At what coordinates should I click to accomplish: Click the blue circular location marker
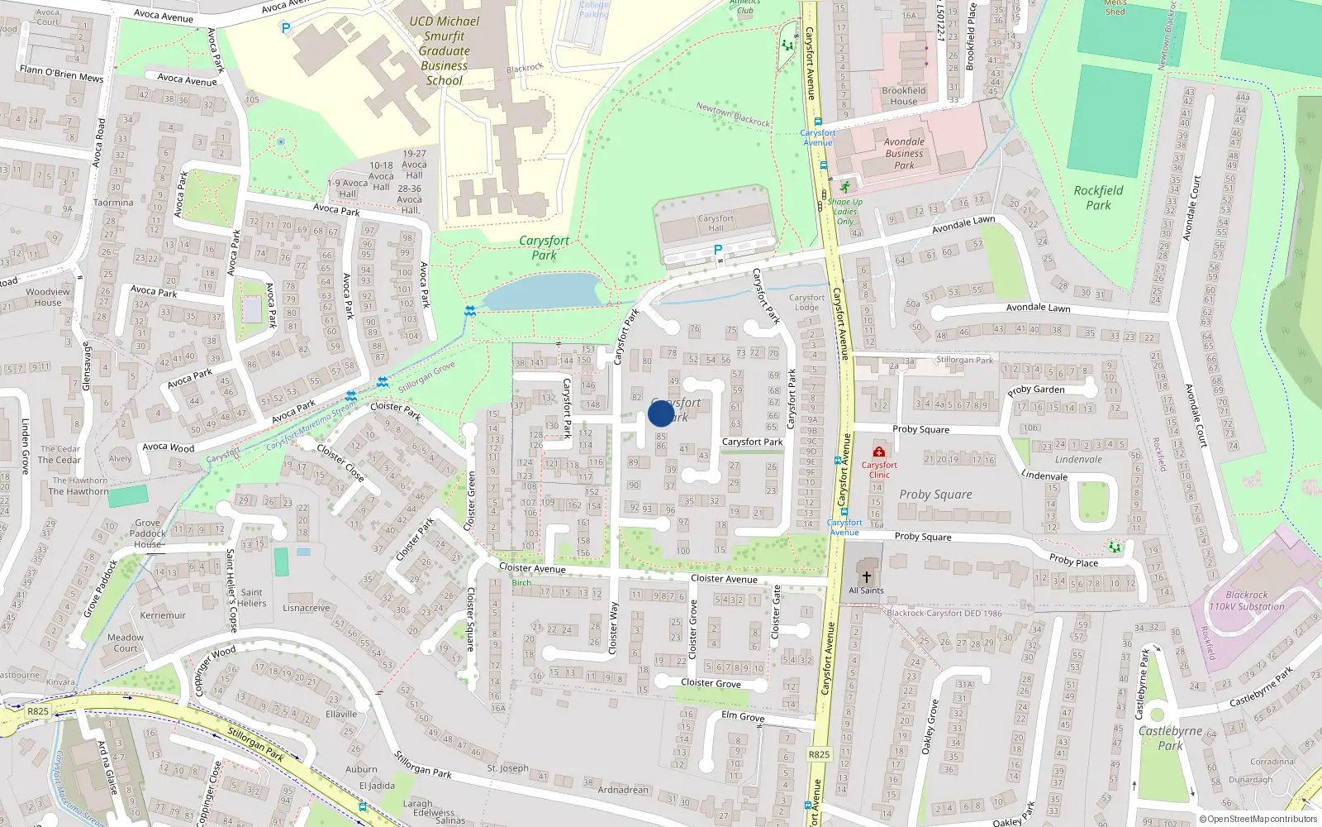[x=661, y=413]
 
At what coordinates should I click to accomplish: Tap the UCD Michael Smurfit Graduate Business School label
[x=445, y=51]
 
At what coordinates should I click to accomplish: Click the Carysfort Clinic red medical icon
[x=879, y=452]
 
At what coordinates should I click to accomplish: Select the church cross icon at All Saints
[x=866, y=577]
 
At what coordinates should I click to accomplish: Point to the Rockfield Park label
[x=1098, y=198]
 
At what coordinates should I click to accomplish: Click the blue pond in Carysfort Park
[x=541, y=292]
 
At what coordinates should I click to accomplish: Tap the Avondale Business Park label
[x=904, y=153]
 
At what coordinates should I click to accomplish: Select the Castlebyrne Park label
[x=1170, y=738]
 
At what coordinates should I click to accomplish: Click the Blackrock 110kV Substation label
[x=1247, y=600]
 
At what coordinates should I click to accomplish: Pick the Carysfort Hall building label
[x=716, y=223]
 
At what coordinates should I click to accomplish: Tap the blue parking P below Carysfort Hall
[x=717, y=250]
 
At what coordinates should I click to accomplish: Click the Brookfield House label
[x=903, y=96]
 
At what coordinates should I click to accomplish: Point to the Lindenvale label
[x=1078, y=460]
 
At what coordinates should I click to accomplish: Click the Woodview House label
[x=48, y=297]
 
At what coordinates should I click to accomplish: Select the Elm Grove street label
[x=743, y=716]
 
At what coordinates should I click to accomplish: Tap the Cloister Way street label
[x=613, y=629]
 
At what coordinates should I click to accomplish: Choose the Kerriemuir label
[x=163, y=615]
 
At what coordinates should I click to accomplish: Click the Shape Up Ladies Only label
[x=844, y=212]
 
